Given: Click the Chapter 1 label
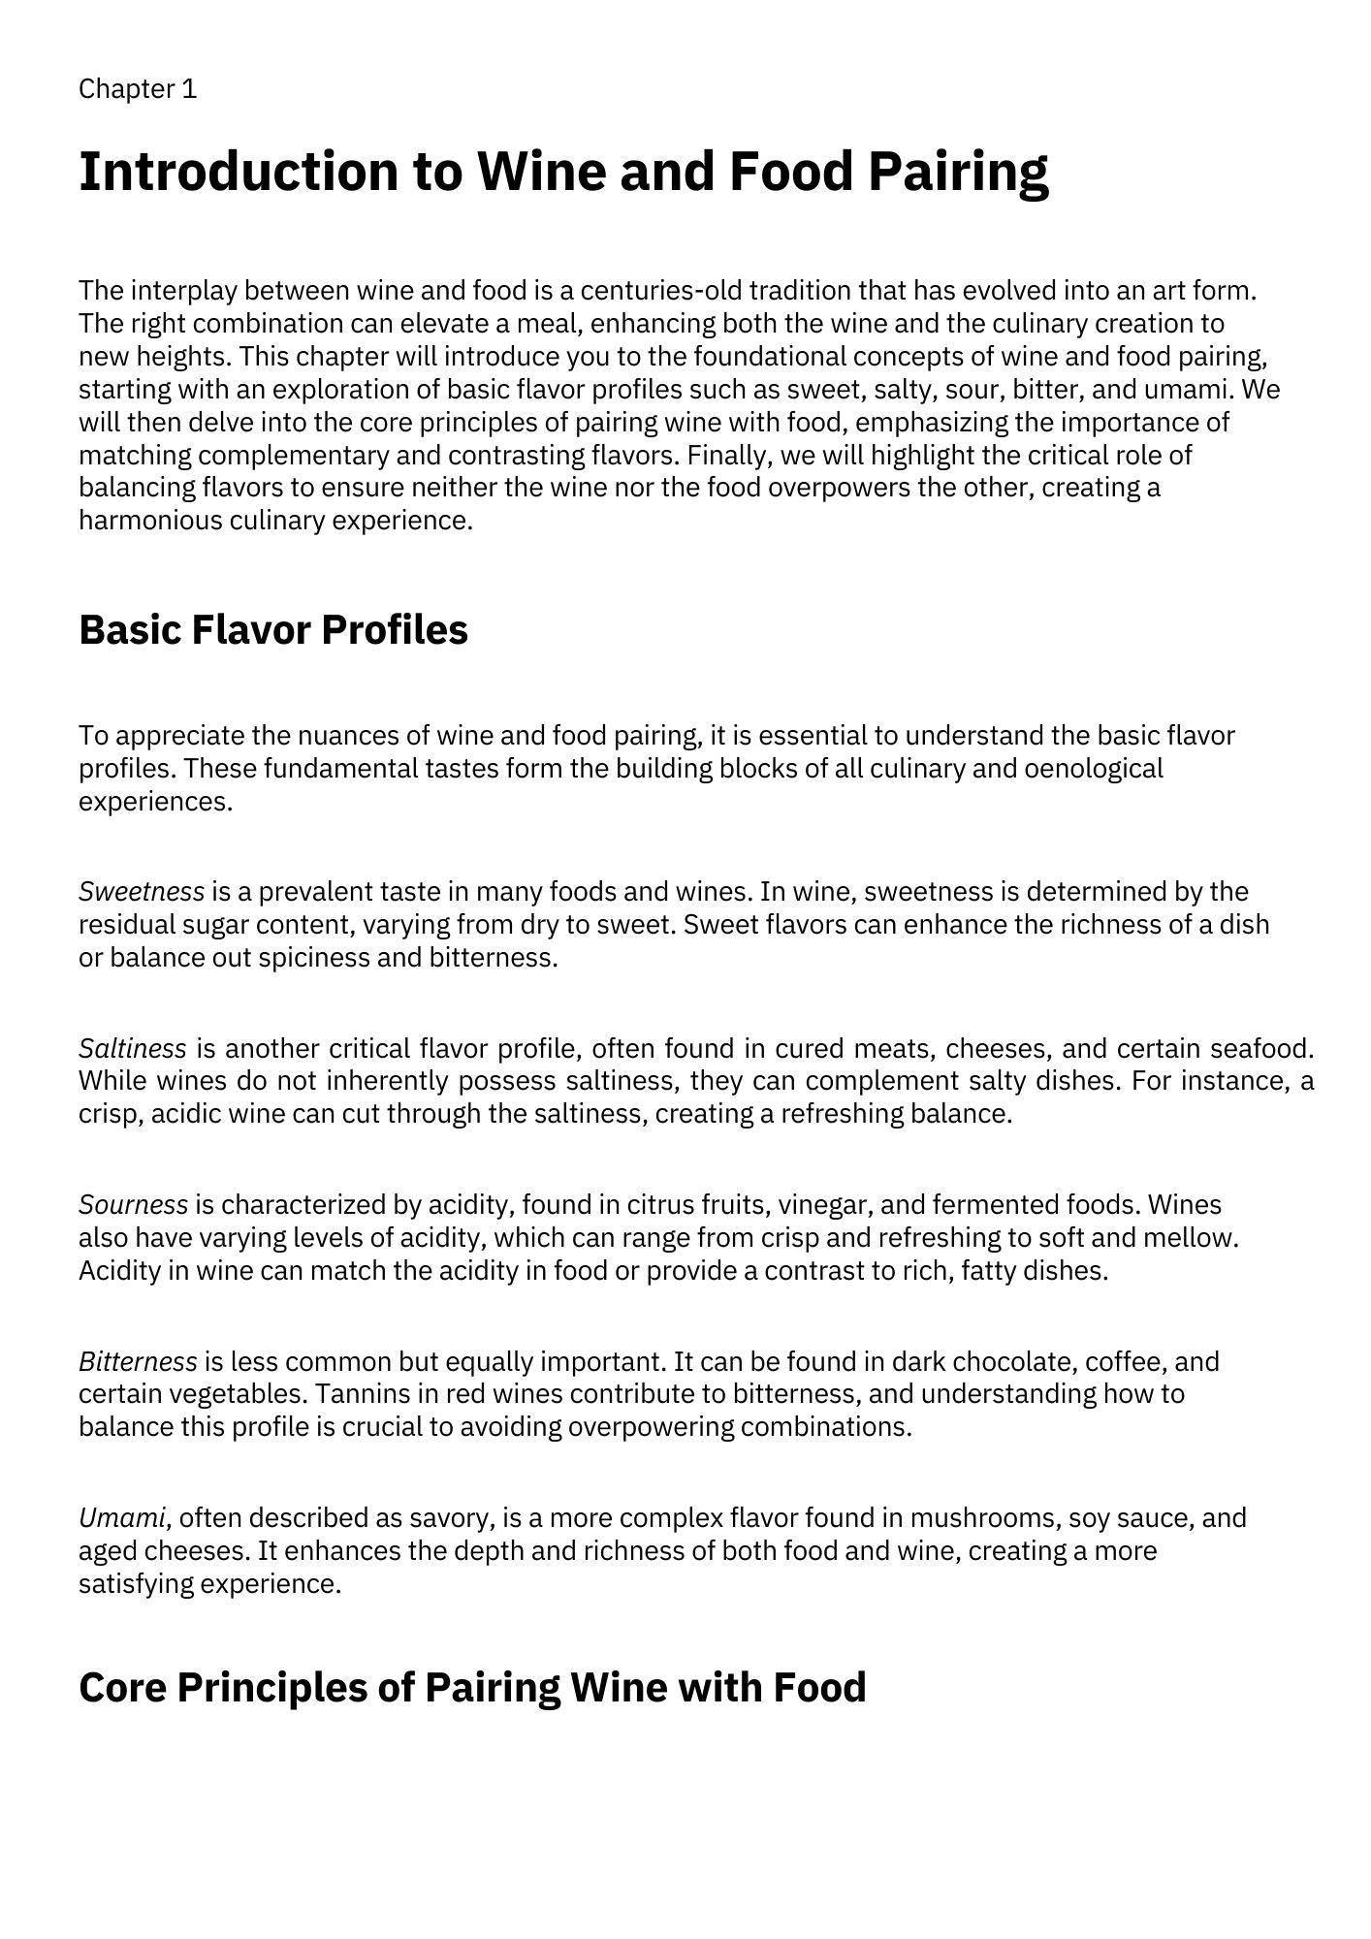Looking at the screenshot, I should (x=138, y=89).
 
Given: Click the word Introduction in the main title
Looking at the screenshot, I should (x=238, y=172).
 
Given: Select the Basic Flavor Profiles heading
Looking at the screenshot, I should (x=272, y=629).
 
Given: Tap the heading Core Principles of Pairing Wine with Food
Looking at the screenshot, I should (x=472, y=1687).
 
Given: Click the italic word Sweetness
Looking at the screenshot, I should (x=142, y=891).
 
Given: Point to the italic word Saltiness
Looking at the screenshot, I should (x=132, y=1048).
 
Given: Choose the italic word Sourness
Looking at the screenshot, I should (x=133, y=1204).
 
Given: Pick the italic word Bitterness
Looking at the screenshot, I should (x=138, y=1361).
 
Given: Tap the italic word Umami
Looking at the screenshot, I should (x=122, y=1517).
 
